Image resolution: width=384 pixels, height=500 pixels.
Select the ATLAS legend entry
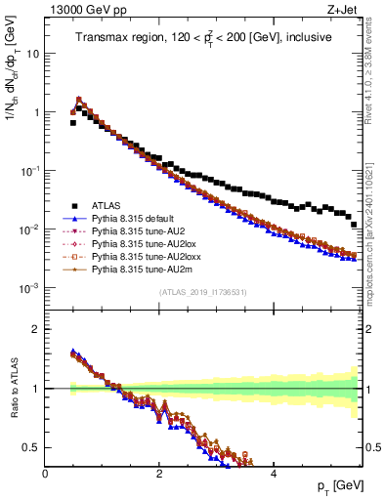coord(108,205)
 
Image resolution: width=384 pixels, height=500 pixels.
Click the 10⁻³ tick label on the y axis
coord(30,288)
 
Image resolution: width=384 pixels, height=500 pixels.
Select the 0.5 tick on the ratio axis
coord(32,447)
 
